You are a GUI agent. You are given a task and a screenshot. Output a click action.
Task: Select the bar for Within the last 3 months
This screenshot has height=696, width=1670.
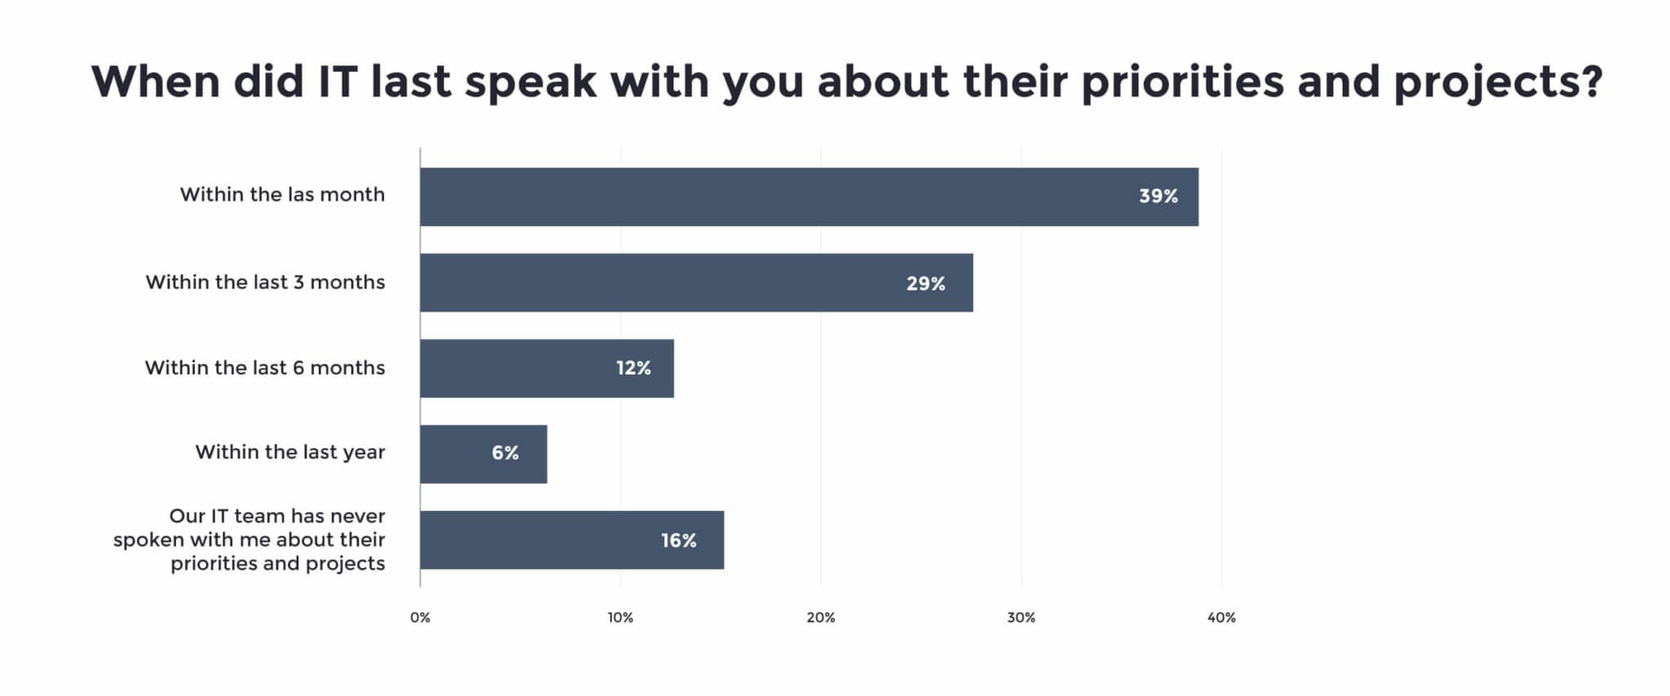[696, 282]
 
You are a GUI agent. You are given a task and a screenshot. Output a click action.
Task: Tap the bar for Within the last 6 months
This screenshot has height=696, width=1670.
[546, 368]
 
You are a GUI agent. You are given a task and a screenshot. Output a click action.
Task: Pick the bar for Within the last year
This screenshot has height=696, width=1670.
[483, 454]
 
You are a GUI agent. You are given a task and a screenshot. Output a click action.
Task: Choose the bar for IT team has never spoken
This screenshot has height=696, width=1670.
[571, 539]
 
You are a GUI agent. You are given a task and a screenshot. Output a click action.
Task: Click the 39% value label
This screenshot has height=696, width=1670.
[1158, 197]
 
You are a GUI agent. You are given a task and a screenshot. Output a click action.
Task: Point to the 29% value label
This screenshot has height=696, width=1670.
[926, 284]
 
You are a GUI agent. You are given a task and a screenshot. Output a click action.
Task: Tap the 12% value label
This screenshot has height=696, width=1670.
[634, 369]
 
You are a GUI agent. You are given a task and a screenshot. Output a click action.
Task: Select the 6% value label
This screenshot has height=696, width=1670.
[505, 454]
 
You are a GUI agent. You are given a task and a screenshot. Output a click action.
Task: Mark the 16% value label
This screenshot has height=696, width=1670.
[678, 541]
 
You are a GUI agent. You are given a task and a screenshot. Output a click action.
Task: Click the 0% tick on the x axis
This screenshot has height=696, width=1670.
[420, 618]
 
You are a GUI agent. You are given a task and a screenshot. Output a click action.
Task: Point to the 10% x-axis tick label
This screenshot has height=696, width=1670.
[621, 618]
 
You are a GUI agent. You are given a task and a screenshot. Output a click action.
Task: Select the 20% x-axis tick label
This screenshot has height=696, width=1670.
[821, 618]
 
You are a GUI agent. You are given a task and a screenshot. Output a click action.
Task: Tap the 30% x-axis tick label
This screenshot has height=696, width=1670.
[1021, 618]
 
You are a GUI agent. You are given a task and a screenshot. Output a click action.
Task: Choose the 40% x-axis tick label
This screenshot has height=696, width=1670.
[1222, 618]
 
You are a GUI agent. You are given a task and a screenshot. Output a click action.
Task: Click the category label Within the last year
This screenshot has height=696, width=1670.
[289, 453]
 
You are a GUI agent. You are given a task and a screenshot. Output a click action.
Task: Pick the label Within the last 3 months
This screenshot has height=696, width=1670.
[265, 282]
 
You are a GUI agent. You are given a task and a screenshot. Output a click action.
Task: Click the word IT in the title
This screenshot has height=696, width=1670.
[336, 82]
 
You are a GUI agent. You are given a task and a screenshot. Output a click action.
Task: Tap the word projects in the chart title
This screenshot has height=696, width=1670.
[1497, 83]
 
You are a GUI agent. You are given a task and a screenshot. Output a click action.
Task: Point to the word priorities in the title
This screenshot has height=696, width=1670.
[1182, 83]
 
